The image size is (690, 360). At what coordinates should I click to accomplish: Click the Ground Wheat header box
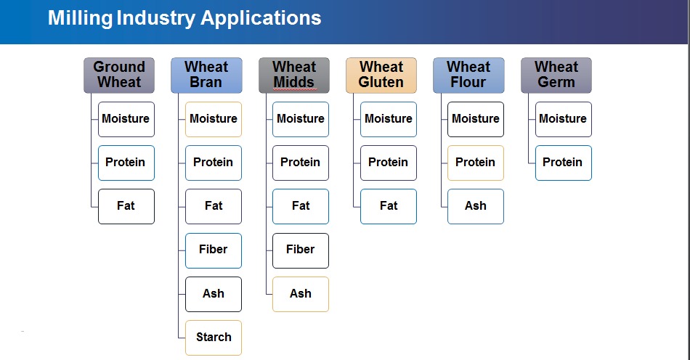[x=119, y=75]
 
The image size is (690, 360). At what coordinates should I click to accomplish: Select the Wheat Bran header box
[x=206, y=75]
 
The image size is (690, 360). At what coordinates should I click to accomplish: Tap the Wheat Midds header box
[x=294, y=75]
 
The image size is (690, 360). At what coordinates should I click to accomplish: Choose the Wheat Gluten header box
[x=381, y=75]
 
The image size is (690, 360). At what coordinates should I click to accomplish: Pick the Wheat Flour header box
[x=468, y=75]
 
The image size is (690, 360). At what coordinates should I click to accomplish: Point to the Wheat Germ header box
[x=556, y=75]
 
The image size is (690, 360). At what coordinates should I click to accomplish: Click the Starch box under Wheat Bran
[x=214, y=337]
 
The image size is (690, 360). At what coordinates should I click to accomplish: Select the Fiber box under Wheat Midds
[x=301, y=250]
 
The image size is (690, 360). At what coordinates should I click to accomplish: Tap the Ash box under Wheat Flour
[x=476, y=207]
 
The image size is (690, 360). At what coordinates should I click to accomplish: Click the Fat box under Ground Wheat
[x=126, y=207]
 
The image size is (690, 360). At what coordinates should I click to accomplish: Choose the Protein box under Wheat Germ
[x=564, y=163]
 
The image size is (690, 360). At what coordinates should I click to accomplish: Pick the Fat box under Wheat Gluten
[x=389, y=207]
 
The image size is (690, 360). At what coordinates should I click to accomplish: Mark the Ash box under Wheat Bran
[x=214, y=294]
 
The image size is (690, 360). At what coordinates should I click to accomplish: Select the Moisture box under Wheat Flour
[x=476, y=120]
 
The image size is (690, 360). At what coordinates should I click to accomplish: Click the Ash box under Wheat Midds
[x=301, y=294]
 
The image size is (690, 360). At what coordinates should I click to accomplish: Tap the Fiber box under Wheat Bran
[x=214, y=250]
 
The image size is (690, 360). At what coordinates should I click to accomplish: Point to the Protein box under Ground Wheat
[x=126, y=163]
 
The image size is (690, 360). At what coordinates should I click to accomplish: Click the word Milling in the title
[x=80, y=18]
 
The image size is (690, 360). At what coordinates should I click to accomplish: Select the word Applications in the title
[x=261, y=18]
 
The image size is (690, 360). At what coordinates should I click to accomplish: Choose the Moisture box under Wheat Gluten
[x=389, y=120]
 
